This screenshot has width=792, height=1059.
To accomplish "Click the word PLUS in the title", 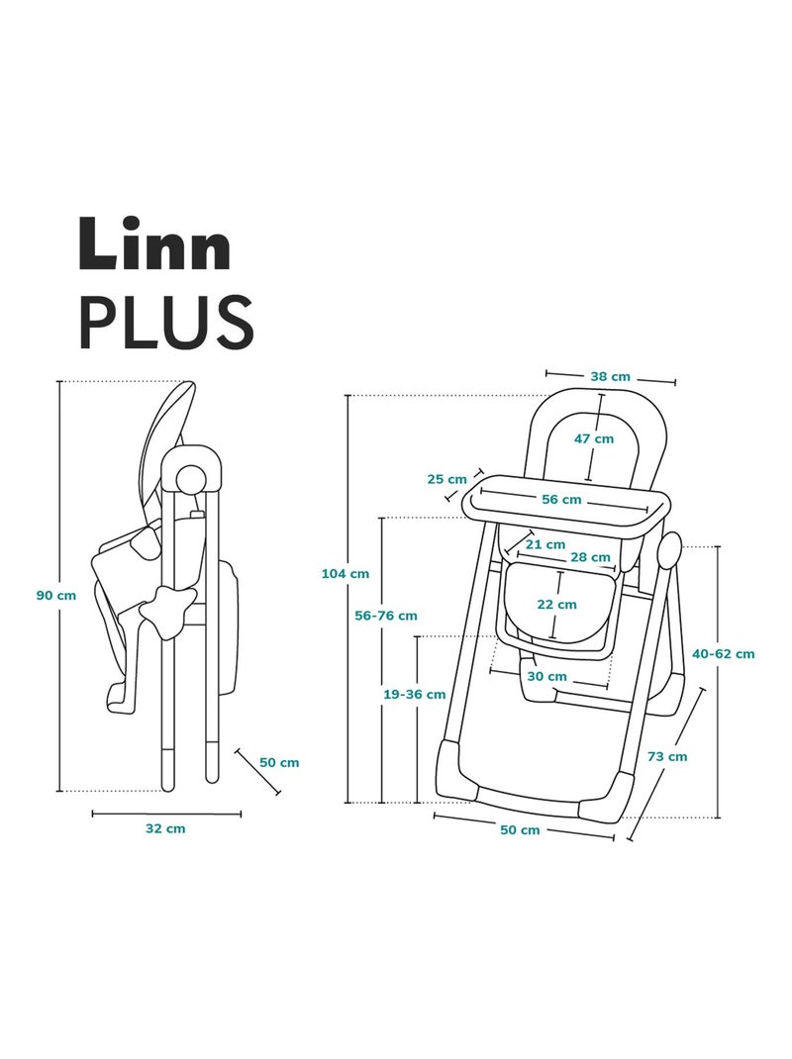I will (x=165, y=320).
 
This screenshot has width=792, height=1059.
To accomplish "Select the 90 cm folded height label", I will (x=55, y=595).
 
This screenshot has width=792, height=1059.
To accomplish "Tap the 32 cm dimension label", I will (x=165, y=828).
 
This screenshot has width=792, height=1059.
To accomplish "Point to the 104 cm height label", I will (x=346, y=572).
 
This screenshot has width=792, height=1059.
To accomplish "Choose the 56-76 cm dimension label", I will (x=386, y=615).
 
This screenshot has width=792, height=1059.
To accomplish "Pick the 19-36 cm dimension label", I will (x=414, y=695).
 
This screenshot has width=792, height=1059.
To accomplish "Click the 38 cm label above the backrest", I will (x=610, y=376).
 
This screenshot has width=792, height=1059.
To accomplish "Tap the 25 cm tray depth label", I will (x=446, y=479).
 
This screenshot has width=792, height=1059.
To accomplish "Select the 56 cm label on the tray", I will (x=561, y=500).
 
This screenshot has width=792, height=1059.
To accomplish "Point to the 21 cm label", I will (x=545, y=543).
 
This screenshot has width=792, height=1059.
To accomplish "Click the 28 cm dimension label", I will (x=591, y=557).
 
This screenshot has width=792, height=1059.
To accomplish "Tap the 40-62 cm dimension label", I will (x=723, y=653).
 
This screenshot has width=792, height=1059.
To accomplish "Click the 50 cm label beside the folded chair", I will (x=278, y=762).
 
